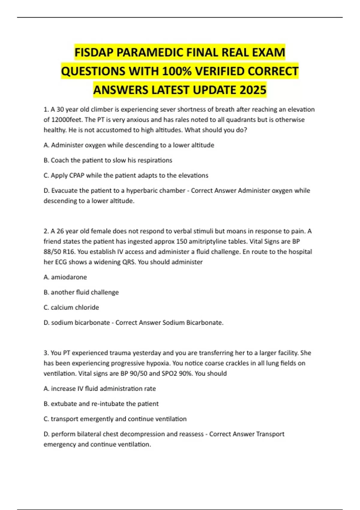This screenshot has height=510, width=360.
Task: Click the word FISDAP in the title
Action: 94,53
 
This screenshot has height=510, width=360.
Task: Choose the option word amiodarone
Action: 69,277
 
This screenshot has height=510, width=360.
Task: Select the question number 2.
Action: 46,231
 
